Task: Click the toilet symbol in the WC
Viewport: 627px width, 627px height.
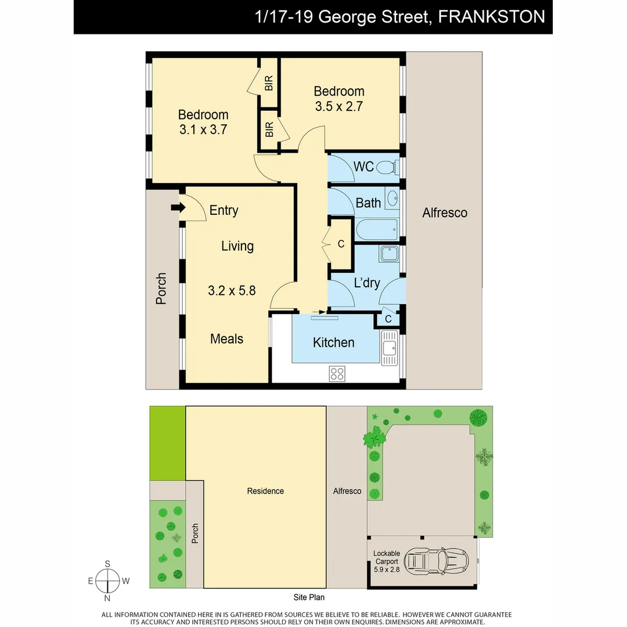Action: [x=386, y=168]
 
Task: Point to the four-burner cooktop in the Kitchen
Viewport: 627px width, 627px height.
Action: [x=337, y=373]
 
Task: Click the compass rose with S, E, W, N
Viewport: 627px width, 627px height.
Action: [x=107, y=581]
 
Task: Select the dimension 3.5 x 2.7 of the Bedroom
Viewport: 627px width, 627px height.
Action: [x=339, y=107]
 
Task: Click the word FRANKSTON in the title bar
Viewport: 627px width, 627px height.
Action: [x=491, y=16]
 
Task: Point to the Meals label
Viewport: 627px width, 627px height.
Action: [x=226, y=339]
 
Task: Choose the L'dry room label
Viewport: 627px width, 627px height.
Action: [x=367, y=283]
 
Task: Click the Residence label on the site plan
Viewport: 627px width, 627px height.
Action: [x=265, y=491]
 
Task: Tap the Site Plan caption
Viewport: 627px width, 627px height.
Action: [x=309, y=597]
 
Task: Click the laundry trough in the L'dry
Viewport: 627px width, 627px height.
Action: [x=388, y=253]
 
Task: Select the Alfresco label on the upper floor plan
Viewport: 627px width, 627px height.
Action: [x=445, y=213]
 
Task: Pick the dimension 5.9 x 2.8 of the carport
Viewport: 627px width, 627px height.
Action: [x=387, y=570]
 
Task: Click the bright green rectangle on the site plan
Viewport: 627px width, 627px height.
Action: [x=167, y=443]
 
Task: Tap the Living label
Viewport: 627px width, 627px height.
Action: [x=237, y=246]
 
